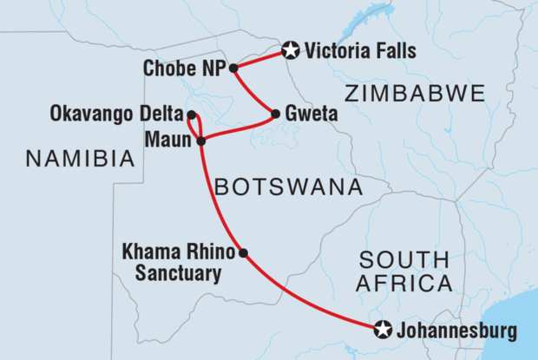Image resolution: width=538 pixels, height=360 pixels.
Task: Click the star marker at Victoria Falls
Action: [291, 52]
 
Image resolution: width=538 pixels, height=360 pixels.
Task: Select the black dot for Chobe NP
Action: [233, 68]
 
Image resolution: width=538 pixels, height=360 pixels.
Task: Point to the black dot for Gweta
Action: [275, 114]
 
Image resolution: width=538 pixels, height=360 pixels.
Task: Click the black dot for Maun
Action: [201, 141]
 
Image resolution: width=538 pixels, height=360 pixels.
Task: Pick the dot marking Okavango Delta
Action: [192, 115]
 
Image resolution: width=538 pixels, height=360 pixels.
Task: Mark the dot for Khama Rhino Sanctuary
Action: [243, 253]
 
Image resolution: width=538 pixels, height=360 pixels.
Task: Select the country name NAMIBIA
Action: [80, 159]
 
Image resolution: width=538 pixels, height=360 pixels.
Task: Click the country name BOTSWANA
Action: [287, 187]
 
